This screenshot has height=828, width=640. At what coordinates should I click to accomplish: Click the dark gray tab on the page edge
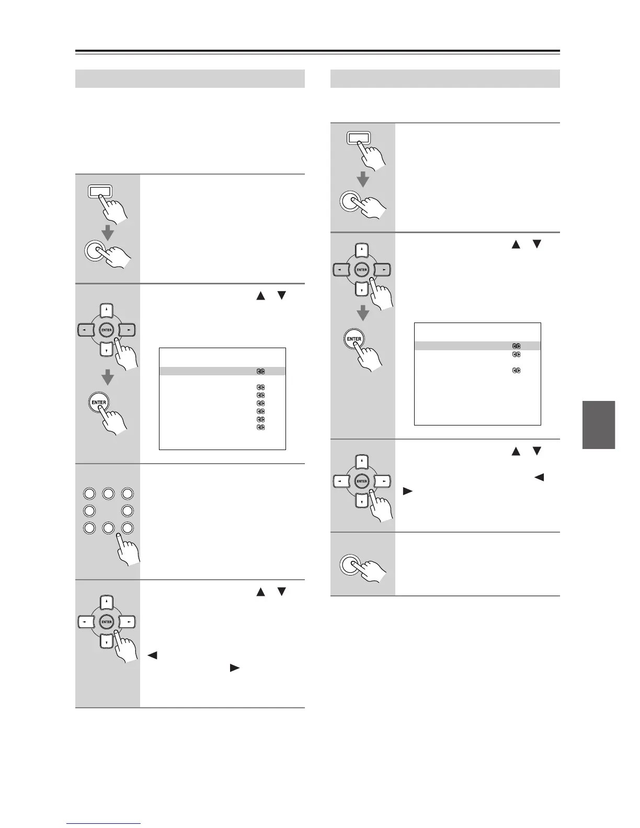click(598, 424)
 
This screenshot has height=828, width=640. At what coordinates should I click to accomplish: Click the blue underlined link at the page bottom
click(104, 824)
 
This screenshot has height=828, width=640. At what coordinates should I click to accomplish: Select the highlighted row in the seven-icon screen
click(222, 371)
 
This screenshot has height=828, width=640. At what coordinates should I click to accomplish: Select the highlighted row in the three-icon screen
click(477, 346)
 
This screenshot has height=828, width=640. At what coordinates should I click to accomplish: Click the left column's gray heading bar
click(190, 78)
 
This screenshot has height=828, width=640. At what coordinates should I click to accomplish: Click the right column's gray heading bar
click(445, 78)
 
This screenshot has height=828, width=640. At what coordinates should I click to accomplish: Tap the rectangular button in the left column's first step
click(100, 192)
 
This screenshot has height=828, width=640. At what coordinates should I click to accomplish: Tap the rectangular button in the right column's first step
click(358, 138)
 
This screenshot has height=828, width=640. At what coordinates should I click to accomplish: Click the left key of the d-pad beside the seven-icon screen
click(84, 330)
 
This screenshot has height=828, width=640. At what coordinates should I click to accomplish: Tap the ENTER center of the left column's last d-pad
click(107, 622)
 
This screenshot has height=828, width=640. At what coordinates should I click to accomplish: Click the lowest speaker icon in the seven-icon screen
click(260, 428)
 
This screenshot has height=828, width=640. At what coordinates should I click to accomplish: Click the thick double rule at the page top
click(317, 52)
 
